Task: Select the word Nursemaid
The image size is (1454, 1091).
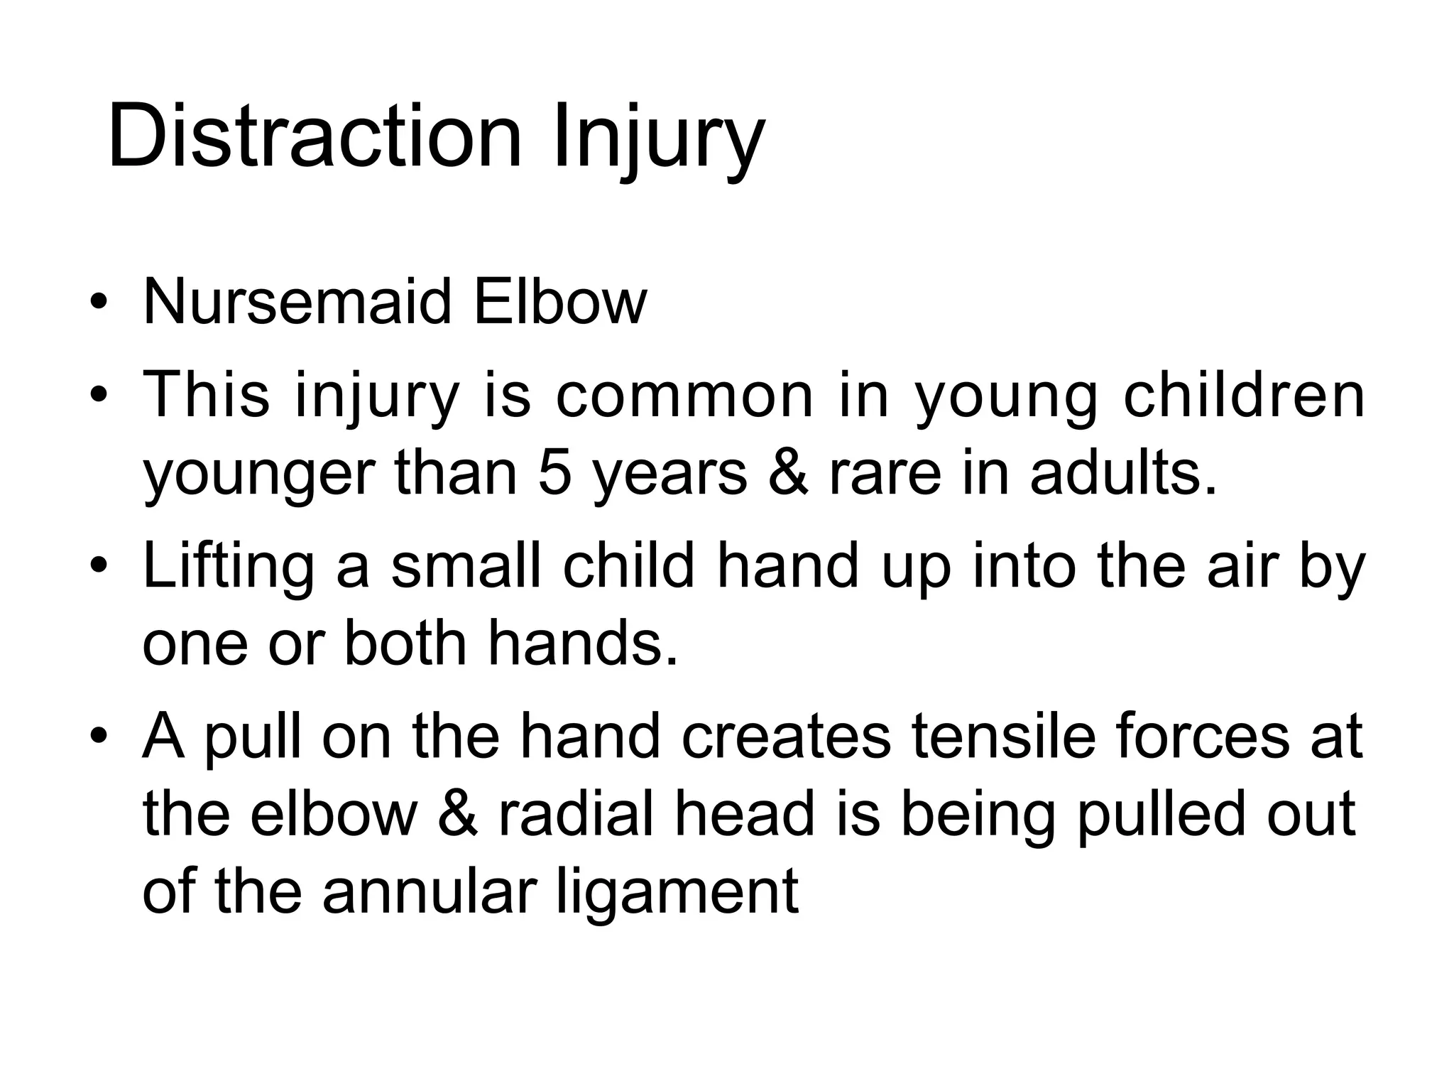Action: (297, 302)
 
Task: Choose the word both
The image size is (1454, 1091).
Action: (405, 643)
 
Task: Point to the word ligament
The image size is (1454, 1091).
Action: (677, 894)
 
